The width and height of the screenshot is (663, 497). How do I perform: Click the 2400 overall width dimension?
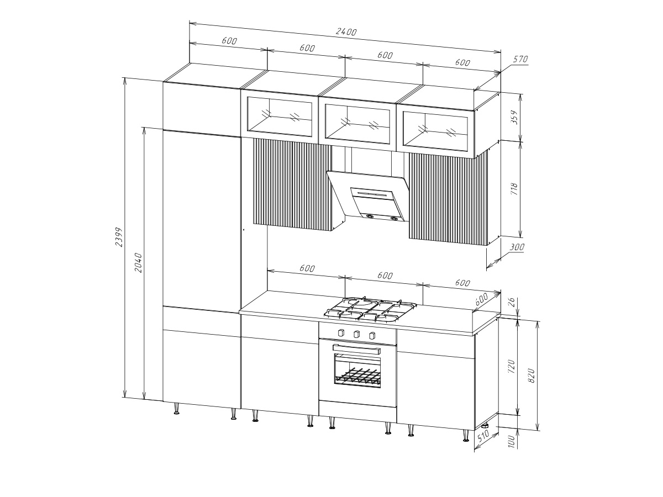pos(346,31)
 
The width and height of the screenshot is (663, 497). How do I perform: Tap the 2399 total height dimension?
pos(119,237)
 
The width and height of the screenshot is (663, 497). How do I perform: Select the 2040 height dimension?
pos(138,263)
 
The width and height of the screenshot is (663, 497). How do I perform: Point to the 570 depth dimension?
pos(520,59)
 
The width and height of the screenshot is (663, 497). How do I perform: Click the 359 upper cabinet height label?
pos(514,117)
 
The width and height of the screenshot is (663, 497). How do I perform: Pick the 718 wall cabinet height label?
pos(514,189)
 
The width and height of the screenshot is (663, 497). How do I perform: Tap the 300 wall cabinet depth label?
pos(517,247)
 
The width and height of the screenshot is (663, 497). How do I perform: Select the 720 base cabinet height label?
pos(511,366)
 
